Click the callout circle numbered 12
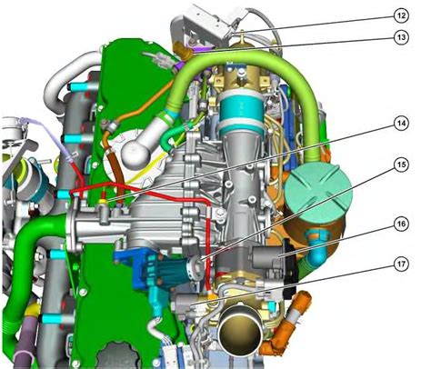coord(401,15)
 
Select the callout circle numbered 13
coord(401,37)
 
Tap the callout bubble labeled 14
coord(401,124)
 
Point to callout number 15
coord(401,165)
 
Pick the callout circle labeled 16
coord(401,224)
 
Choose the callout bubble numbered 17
coord(401,264)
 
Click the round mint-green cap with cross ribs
coord(318,192)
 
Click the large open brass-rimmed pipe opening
coord(241,330)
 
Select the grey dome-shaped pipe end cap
coord(135,150)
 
